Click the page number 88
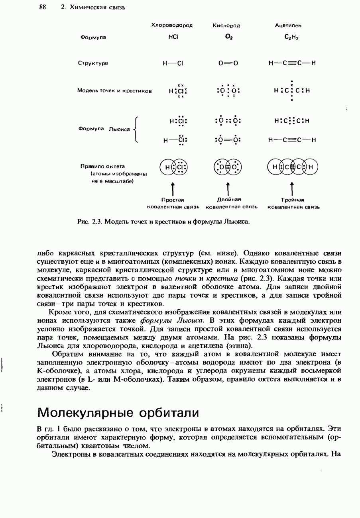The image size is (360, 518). pyautogui.click(x=43, y=7)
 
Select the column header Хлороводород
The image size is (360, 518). pyautogui.click(x=172, y=25)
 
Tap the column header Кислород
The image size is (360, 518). pyautogui.click(x=226, y=25)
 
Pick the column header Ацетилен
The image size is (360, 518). pyautogui.click(x=288, y=25)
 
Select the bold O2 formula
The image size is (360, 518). pyautogui.click(x=228, y=37)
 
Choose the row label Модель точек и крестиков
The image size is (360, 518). pyautogui.click(x=114, y=90)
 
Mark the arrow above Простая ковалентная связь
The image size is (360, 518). pyautogui.click(x=172, y=187)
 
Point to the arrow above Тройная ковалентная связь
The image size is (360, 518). pyautogui.click(x=292, y=187)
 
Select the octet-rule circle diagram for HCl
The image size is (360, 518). pyautogui.click(x=173, y=167)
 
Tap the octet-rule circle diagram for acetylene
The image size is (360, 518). pyautogui.click(x=293, y=167)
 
